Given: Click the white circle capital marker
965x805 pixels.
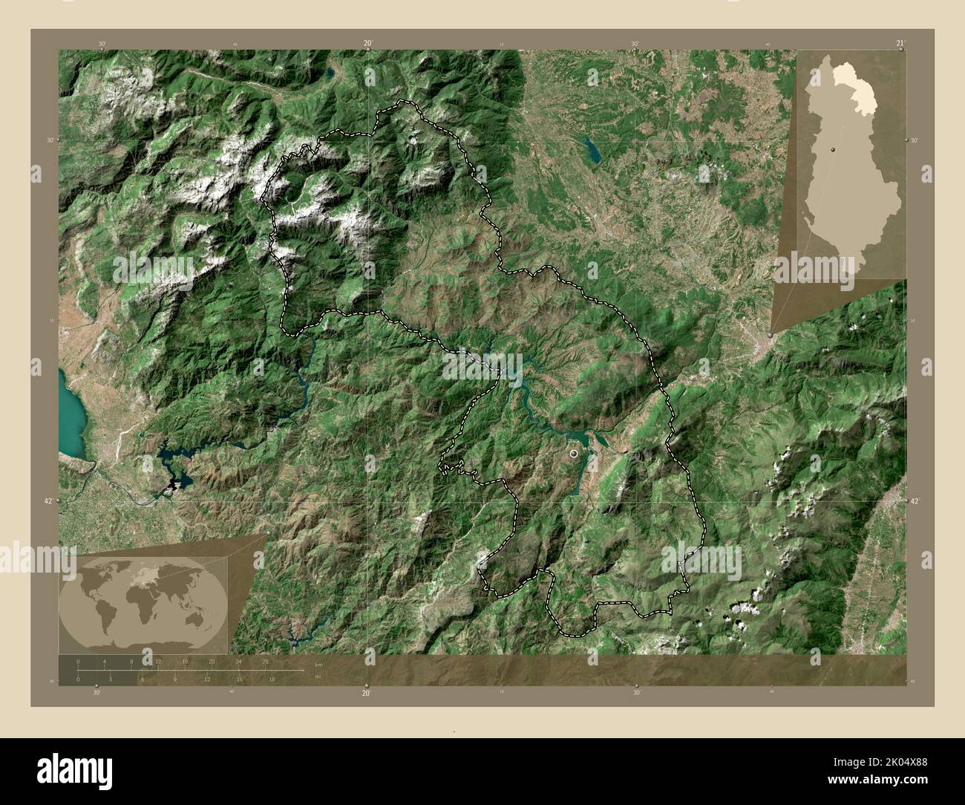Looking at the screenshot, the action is pyautogui.click(x=573, y=452).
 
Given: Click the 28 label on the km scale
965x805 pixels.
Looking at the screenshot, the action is pyautogui.click(x=265, y=661).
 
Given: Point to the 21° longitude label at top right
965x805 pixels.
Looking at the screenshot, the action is pyautogui.click(x=900, y=44).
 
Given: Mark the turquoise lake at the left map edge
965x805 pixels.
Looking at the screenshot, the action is pyautogui.click(x=70, y=416).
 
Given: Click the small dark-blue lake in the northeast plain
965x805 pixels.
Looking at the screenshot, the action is pyautogui.click(x=592, y=149).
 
